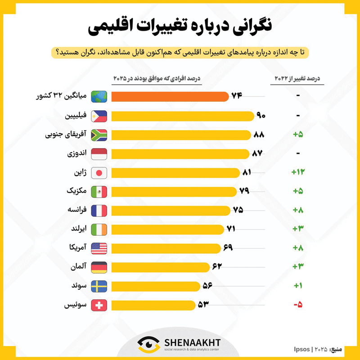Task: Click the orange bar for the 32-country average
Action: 170,97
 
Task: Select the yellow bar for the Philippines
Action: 182,116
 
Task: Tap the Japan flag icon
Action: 99,173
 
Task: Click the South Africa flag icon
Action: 99,135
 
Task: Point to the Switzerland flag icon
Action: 99,306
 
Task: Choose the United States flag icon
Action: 99,248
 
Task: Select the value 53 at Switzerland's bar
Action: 203,305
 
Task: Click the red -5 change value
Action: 298,305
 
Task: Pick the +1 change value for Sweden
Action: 298,286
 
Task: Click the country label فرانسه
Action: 76,211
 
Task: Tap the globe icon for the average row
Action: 99,97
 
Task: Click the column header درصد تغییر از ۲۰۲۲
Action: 297,79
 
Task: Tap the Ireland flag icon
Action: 99,229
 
